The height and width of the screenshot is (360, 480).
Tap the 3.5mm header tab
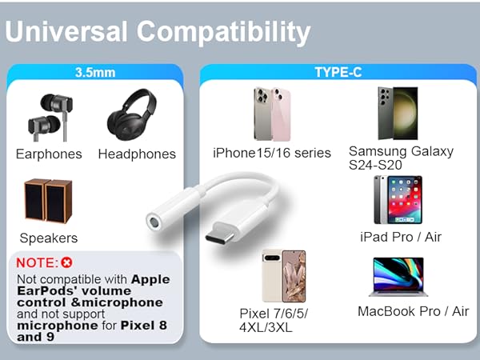click(95, 72)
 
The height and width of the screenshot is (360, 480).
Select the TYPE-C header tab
click(338, 72)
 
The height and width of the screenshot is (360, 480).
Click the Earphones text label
click(49, 154)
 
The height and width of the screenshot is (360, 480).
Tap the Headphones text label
click(137, 154)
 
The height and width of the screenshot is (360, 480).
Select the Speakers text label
click(49, 238)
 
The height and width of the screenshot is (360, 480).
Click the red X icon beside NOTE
click(66, 262)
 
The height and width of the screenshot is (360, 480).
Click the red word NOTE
click(37, 262)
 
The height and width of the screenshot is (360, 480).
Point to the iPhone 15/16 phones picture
click(271, 114)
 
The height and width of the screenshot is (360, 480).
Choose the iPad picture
click(398, 200)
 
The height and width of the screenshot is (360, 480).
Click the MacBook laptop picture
click(398, 277)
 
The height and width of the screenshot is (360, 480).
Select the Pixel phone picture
click(284, 276)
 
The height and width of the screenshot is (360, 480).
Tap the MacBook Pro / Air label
click(413, 311)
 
